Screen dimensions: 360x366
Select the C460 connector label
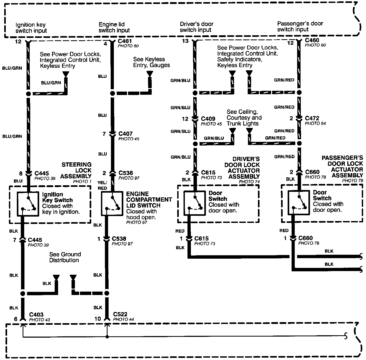pyautogui.click(x=312, y=40)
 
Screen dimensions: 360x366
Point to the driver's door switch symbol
pyautogui.click(x=194, y=203)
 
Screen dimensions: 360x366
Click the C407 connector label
pyautogui.click(x=125, y=134)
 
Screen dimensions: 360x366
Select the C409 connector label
pyautogui.click(x=208, y=119)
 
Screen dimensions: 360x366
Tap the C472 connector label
pyautogui.click(x=312, y=118)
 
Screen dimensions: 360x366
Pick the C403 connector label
pyautogui.click(x=36, y=314)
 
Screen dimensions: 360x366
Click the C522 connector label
pyautogui.click(x=120, y=314)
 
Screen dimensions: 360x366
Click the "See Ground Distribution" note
pyautogui.click(x=65, y=257)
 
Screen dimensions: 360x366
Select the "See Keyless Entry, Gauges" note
pyautogui.click(x=151, y=62)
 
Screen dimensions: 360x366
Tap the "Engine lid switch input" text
pyautogui.click(x=114, y=27)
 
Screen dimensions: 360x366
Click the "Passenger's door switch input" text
pyautogui.click(x=300, y=26)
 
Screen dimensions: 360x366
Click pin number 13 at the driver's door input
pyautogui.click(x=185, y=41)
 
